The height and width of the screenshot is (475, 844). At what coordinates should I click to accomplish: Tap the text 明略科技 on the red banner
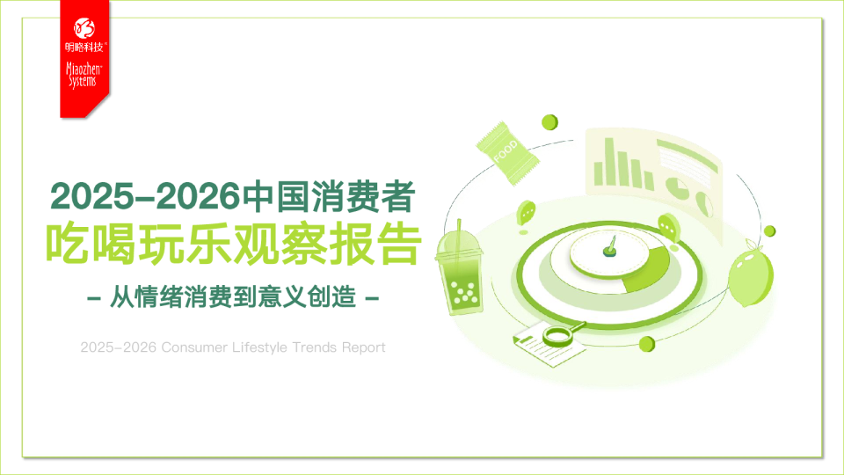pos(85,47)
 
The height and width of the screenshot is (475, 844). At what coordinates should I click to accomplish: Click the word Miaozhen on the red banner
pos(85,67)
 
